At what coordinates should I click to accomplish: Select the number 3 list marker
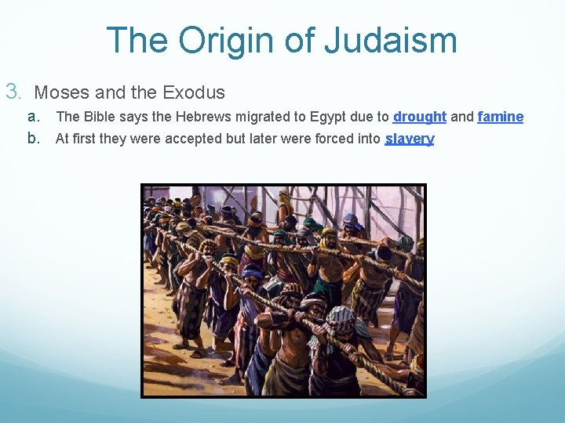13,92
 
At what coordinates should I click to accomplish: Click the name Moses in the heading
62,92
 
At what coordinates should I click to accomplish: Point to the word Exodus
194,92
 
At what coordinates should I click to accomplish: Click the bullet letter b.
34,139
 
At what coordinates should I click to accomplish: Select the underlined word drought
420,117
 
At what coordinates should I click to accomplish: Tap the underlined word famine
500,117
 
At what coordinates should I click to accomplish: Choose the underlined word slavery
409,139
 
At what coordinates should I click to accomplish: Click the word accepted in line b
185,139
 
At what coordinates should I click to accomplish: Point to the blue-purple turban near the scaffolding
351,222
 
